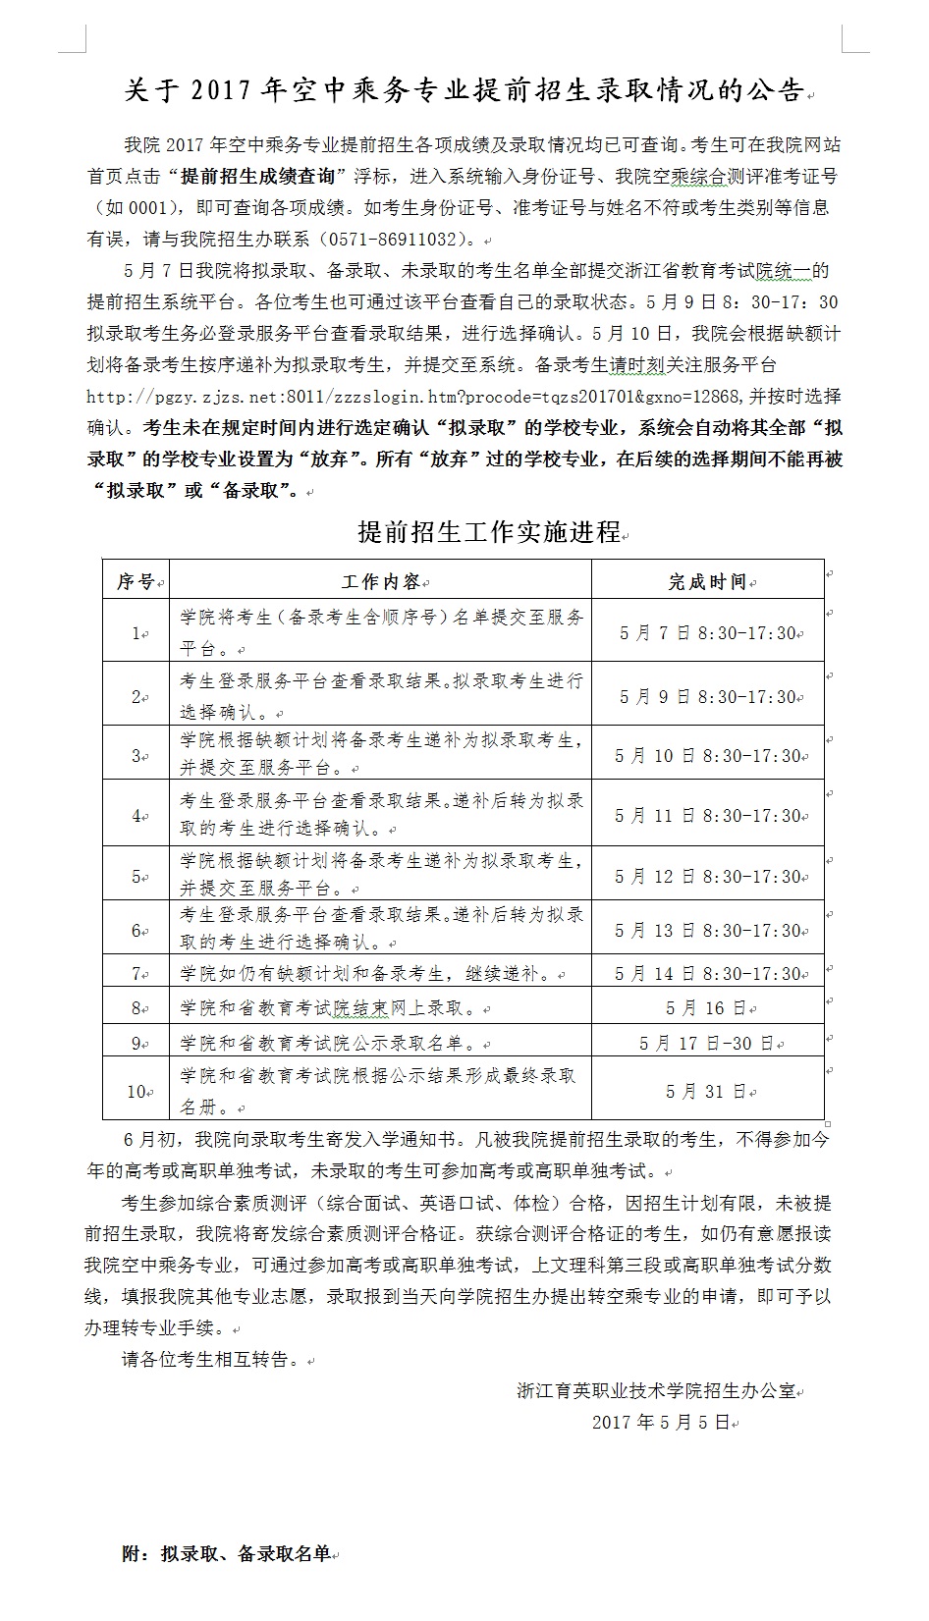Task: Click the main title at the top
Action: coord(464,91)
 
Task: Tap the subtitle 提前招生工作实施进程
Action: coord(488,532)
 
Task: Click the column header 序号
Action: coord(136,581)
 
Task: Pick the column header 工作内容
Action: coord(380,581)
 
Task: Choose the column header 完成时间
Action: coord(707,581)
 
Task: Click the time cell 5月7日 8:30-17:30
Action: coord(707,633)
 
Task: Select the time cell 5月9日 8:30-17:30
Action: coord(707,697)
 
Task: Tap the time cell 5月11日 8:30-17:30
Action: coord(707,816)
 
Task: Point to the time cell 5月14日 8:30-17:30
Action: coord(707,974)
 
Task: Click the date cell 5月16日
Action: coord(706,1008)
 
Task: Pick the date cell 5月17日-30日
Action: coord(706,1044)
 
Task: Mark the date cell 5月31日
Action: coord(706,1091)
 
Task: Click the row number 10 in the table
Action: coord(136,1091)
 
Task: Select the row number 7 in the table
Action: coord(136,974)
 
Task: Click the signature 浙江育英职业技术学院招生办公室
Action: coord(656,1391)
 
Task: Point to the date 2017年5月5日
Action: coord(661,1422)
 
